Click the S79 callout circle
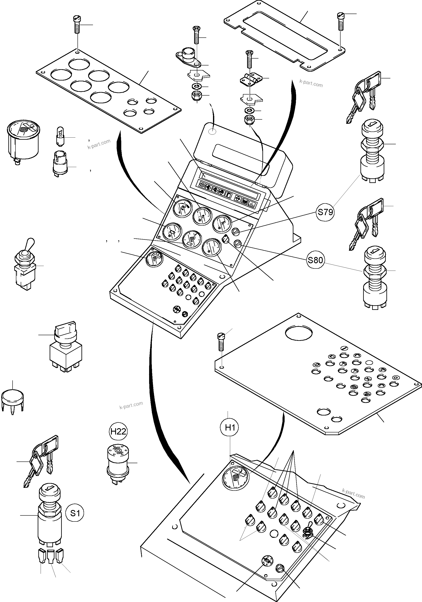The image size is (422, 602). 325,212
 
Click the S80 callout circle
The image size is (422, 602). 315,260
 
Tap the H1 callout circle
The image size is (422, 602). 230,428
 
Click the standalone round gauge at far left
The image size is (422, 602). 23,140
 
